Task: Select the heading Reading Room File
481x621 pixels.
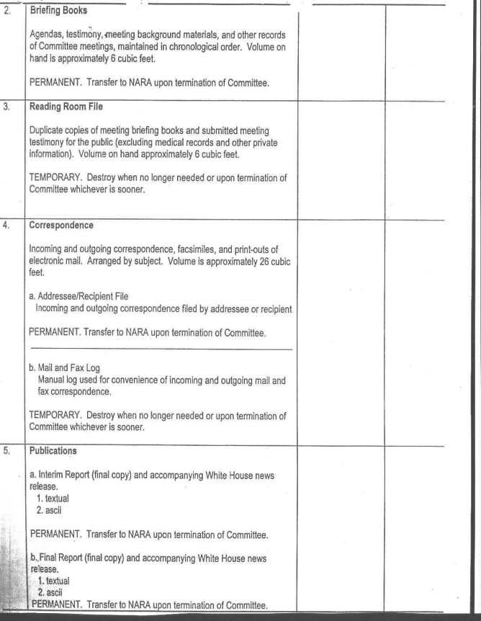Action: pos(67,107)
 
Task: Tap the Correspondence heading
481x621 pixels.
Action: pos(61,225)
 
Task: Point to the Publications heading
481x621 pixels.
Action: pos(53,452)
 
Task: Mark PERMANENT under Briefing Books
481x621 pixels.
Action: pos(55,83)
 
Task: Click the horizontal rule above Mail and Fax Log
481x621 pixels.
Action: pos(161,349)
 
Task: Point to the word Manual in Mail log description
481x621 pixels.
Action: pos(52,380)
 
